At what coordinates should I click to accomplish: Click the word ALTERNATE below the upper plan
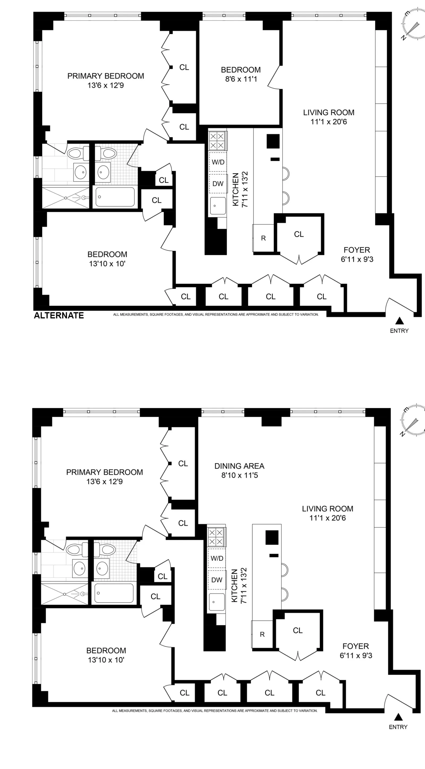[59, 316]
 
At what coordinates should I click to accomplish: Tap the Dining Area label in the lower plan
[239, 466]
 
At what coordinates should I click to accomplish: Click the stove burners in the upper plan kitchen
[217, 141]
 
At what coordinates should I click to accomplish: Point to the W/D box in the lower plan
[217, 558]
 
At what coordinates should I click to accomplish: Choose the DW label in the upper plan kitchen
[218, 184]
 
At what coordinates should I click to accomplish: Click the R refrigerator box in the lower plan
[262, 634]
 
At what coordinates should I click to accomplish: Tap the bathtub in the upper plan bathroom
[115, 197]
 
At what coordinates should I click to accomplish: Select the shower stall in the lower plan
[65, 594]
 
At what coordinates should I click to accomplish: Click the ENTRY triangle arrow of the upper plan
[399, 321]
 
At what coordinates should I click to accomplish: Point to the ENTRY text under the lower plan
[398, 727]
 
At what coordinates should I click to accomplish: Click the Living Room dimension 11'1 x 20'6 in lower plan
[328, 518]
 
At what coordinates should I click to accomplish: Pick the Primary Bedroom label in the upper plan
[105, 76]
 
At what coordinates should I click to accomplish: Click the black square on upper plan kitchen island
[273, 141]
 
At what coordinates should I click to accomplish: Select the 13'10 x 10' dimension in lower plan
[106, 660]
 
